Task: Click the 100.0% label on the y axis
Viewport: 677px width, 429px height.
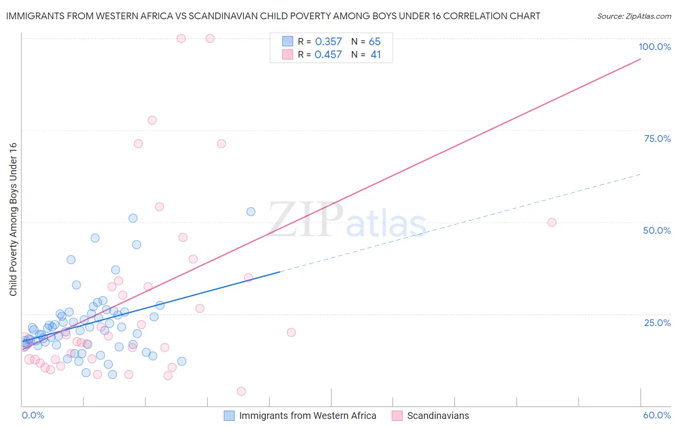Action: (654, 47)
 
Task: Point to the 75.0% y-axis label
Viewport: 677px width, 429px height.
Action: (657, 139)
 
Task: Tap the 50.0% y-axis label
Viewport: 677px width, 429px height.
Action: (656, 230)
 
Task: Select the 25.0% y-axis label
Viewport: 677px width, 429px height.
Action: (657, 322)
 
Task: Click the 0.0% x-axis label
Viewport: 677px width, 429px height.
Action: (33, 415)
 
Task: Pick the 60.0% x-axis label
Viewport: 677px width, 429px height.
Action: (656, 415)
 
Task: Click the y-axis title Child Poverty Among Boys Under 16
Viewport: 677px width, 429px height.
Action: (13, 219)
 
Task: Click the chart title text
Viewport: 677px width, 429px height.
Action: (273, 16)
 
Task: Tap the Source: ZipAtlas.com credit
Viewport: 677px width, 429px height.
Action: (634, 16)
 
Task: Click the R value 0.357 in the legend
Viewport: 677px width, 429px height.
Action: (328, 42)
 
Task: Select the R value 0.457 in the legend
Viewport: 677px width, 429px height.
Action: (328, 55)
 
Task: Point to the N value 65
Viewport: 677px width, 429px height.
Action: (375, 42)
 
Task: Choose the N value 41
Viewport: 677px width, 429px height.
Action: (376, 55)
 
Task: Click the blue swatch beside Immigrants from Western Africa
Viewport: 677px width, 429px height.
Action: (229, 416)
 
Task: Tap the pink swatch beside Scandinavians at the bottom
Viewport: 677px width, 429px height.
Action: (397, 416)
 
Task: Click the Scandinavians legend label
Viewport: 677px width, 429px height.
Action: (438, 416)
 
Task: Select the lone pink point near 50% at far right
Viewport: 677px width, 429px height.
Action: (552, 223)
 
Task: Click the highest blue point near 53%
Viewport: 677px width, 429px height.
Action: (251, 212)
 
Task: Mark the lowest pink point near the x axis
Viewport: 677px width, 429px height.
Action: (241, 391)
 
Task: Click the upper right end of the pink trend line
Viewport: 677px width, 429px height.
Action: (640, 59)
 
